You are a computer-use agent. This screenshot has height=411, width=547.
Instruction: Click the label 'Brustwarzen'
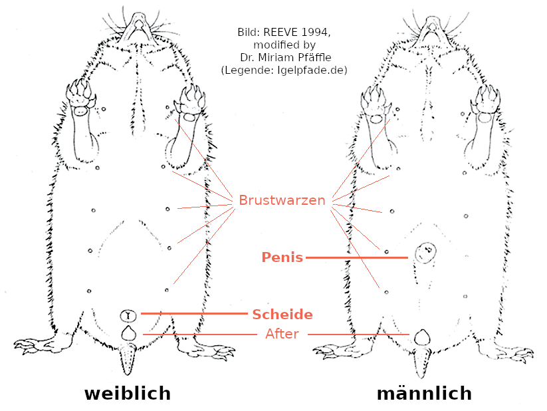pyautogui.click(x=282, y=200)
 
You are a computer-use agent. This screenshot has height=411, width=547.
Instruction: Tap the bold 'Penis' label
pyautogui.click(x=282, y=257)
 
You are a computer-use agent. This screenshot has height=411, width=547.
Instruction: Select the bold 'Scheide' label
pyautogui.click(x=282, y=314)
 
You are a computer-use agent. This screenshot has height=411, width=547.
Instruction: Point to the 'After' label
pyautogui.click(x=282, y=334)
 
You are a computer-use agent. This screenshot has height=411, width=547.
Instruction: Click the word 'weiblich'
pyautogui.click(x=127, y=393)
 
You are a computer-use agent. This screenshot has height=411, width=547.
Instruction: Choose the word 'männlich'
pyautogui.click(x=424, y=393)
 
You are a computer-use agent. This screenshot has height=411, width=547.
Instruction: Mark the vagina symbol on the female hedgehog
pyautogui.click(x=128, y=315)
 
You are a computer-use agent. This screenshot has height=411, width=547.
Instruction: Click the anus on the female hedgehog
pyautogui.click(x=128, y=333)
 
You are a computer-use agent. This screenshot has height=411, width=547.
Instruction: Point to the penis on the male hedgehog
pyautogui.click(x=424, y=253)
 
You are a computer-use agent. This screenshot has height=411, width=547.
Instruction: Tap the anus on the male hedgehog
pyautogui.click(x=420, y=337)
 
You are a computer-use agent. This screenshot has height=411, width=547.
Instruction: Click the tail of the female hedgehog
pyautogui.click(x=128, y=359)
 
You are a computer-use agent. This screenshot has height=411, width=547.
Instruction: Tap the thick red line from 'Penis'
pyautogui.click(x=356, y=257)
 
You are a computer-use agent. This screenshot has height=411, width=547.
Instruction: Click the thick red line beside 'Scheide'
pyautogui.click(x=193, y=313)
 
